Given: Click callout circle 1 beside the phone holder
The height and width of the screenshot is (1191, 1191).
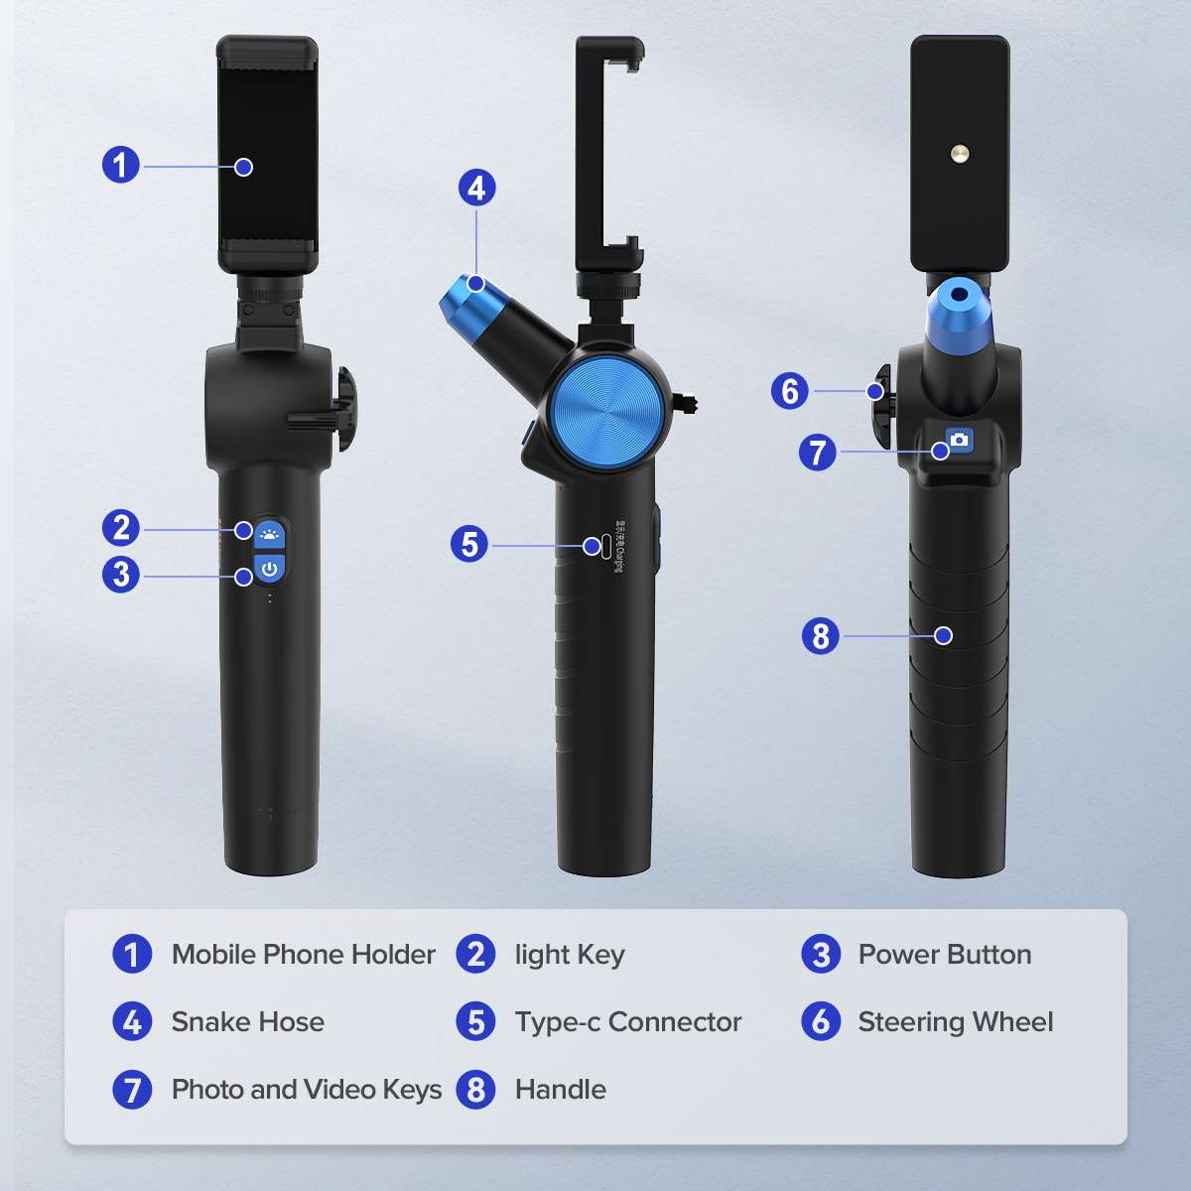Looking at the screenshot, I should click(121, 165).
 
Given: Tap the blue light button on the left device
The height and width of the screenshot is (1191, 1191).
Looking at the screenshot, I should click(268, 533).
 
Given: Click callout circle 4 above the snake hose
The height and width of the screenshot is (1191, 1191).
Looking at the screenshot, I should click(476, 188).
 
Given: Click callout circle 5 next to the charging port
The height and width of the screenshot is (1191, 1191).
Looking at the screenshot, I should click(469, 544).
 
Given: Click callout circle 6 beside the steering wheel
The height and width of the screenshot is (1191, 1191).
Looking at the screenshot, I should click(790, 391).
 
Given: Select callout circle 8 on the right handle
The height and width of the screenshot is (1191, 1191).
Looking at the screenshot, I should click(820, 635).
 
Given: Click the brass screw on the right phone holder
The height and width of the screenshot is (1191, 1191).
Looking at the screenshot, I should click(960, 153).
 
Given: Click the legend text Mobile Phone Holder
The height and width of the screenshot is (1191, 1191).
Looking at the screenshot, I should click(303, 955).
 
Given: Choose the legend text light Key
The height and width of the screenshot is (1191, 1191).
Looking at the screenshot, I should click(570, 955).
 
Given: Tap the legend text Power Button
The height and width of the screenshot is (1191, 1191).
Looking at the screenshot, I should click(944, 955).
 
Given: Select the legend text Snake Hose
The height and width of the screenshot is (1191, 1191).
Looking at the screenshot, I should click(247, 1022).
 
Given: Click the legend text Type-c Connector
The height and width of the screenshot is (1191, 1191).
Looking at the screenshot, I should click(627, 1022).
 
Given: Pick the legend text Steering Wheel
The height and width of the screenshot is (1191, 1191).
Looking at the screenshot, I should click(955, 1022).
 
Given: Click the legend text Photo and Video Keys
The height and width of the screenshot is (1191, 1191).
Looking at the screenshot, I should click(306, 1090).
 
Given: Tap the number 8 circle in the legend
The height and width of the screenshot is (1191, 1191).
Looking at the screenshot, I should click(476, 1090).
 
